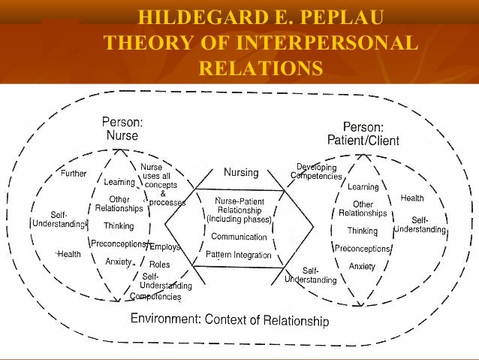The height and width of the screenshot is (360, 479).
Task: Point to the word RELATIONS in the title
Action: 260,69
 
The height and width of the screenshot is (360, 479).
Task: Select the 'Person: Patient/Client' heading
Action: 363,134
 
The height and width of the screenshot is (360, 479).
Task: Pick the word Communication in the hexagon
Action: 239,237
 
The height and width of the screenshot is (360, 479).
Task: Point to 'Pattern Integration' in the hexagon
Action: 239,256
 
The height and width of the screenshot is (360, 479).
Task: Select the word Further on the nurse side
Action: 73,174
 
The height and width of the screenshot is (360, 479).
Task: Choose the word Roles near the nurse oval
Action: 160,265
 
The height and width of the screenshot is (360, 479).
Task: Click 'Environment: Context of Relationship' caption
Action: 230,319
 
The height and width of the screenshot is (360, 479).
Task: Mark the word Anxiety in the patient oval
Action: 363,266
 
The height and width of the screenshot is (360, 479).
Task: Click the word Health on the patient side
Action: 411,198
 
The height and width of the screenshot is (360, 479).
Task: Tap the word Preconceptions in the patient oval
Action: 363,249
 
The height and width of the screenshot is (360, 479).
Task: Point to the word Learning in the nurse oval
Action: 119,181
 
